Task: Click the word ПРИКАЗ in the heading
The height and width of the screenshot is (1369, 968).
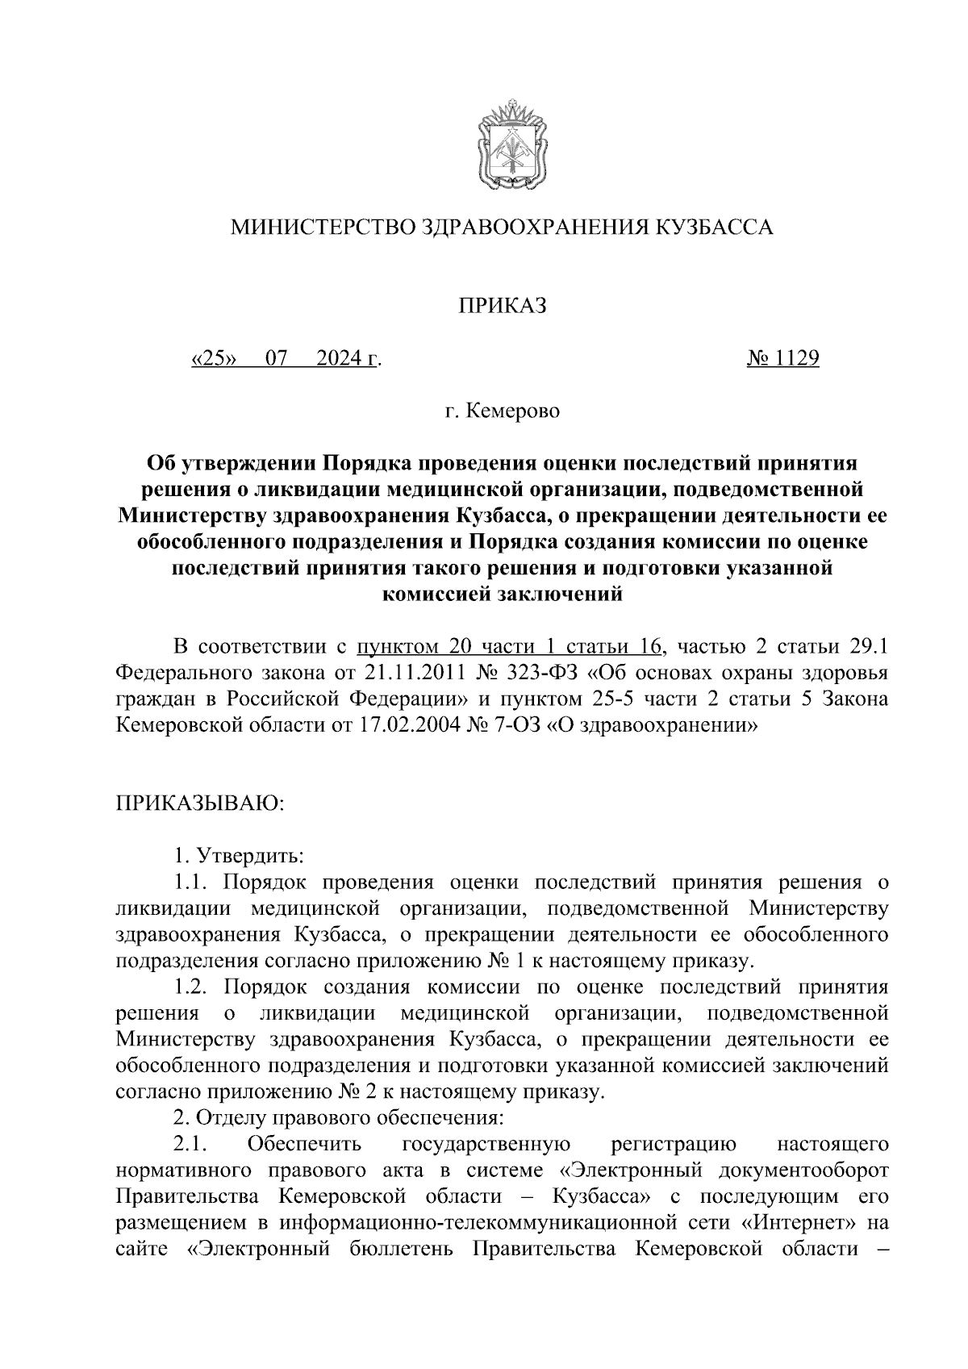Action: [503, 306]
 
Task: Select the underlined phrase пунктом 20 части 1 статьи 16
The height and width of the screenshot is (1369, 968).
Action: [510, 646]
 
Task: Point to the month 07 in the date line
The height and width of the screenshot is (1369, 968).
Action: [276, 358]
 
